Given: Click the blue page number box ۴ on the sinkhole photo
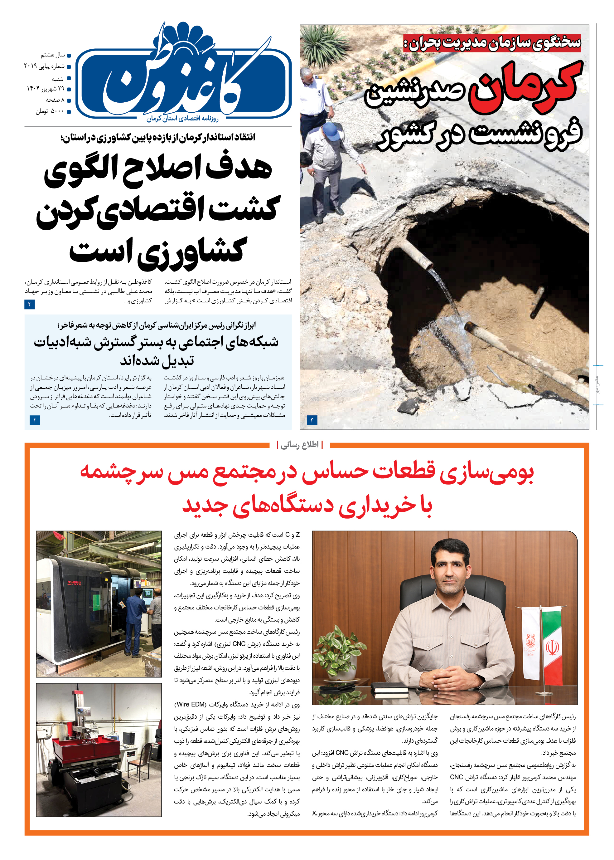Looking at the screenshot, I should [x=312, y=420].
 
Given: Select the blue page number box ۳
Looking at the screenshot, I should [x=30, y=304].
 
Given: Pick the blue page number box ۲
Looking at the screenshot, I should [x=35, y=420].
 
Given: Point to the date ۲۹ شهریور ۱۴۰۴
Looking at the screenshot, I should [x=45, y=89].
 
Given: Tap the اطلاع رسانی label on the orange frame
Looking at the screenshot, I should [x=300, y=445].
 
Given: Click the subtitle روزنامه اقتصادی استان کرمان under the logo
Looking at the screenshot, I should [x=183, y=119].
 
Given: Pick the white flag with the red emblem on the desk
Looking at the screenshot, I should [x=530, y=643].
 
